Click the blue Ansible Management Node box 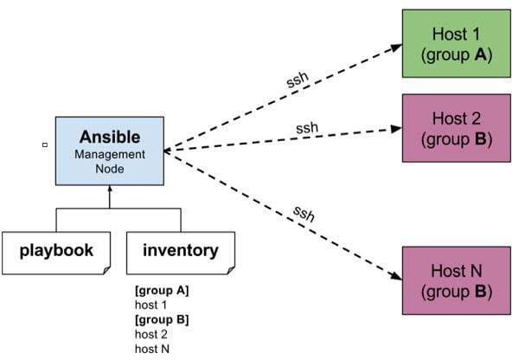tap(109, 151)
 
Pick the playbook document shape tap(57, 251)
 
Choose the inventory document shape tap(180, 251)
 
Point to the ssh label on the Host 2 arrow tap(307, 128)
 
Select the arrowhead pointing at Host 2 tap(396, 130)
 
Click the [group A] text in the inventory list tap(162, 291)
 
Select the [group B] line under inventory tap(162, 319)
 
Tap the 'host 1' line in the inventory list tap(151, 305)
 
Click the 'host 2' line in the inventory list tap(151, 334)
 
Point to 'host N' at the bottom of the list tap(151, 348)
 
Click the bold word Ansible tap(109, 137)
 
